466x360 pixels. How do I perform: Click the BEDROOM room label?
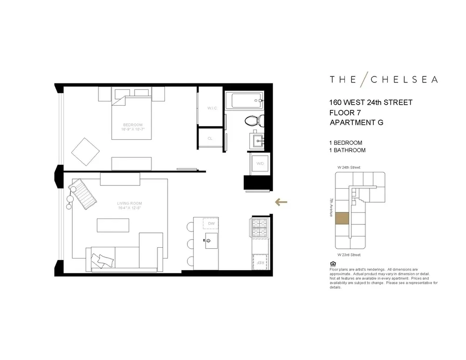132,124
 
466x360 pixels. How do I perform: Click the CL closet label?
210,138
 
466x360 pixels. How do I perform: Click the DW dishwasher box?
211,224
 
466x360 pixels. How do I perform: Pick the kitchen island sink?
208,240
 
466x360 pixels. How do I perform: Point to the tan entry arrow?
281,202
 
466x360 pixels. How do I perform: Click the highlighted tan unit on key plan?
342,219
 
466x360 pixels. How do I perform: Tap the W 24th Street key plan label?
349,167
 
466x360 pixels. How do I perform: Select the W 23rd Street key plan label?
349,255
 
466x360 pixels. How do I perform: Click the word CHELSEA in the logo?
404,79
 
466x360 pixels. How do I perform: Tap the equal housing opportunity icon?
332,263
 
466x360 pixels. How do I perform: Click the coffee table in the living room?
112,225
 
